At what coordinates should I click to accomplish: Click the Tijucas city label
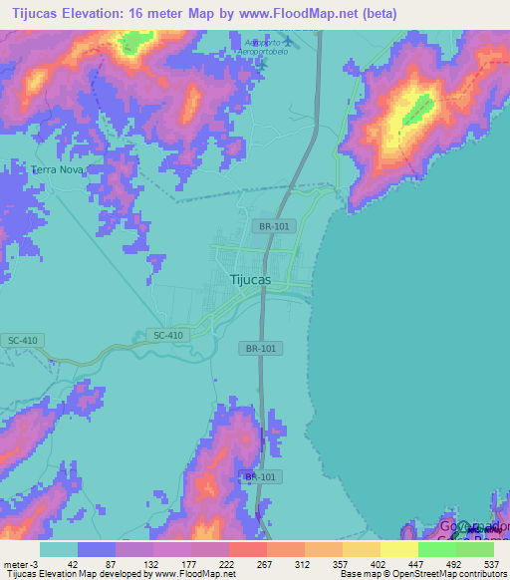[250, 280]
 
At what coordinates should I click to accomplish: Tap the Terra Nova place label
[57, 170]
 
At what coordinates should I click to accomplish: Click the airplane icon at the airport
[288, 41]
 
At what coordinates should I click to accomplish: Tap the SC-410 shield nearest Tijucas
[168, 335]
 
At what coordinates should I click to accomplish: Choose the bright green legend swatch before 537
[475, 549]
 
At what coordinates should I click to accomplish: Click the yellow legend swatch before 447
[398, 549]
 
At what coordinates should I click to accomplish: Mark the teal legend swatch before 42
[59, 549]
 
